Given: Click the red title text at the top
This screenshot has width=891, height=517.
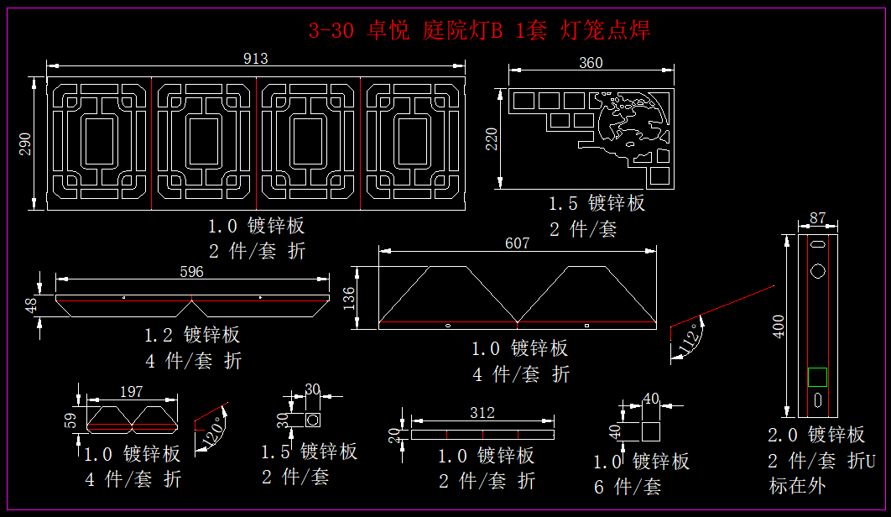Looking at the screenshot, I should click(479, 31).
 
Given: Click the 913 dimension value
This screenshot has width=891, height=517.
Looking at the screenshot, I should click(255, 58).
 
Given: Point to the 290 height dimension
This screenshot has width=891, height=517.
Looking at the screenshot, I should click(26, 144).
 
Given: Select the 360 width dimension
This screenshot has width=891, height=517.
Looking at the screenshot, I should click(591, 63).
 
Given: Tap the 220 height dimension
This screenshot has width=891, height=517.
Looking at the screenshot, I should click(492, 138).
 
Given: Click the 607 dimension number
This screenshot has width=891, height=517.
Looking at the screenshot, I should click(518, 243).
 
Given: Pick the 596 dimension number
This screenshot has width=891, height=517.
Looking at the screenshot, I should click(191, 272).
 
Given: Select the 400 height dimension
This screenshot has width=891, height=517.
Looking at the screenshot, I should click(779, 326).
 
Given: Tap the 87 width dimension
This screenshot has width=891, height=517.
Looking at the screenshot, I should click(817, 219).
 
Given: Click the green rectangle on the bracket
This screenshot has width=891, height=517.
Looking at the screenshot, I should click(817, 377).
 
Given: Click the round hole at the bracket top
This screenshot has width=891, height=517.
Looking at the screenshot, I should click(817, 271).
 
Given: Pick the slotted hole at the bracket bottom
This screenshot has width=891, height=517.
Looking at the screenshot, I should click(817, 400).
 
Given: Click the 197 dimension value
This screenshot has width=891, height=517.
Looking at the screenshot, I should click(132, 392).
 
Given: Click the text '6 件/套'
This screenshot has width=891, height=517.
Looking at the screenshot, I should click(627, 486).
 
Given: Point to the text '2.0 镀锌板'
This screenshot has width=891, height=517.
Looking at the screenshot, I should click(815, 435).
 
